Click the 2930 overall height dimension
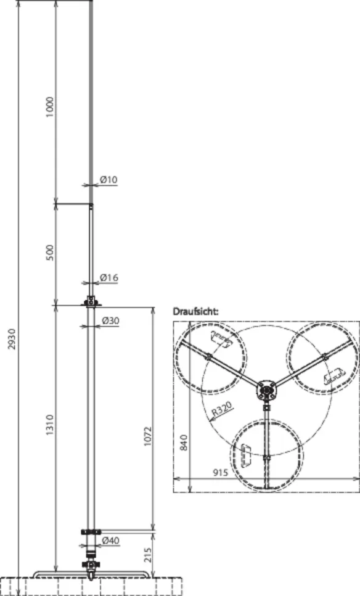point(12,340)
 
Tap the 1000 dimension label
point(50,107)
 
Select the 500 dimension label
point(50,253)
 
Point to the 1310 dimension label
point(50,425)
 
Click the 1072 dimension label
point(148,436)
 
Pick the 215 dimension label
point(148,555)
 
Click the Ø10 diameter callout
point(108,179)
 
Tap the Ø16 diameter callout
point(109,278)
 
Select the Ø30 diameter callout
point(110,321)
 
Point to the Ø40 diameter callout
point(110,541)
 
